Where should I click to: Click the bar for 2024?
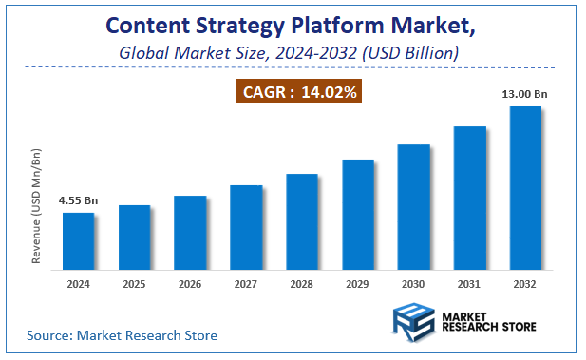click(x=79, y=239)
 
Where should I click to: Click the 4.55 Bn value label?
click(x=78, y=201)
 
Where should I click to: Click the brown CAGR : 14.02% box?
click(x=298, y=92)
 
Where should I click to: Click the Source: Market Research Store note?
click(x=122, y=335)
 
